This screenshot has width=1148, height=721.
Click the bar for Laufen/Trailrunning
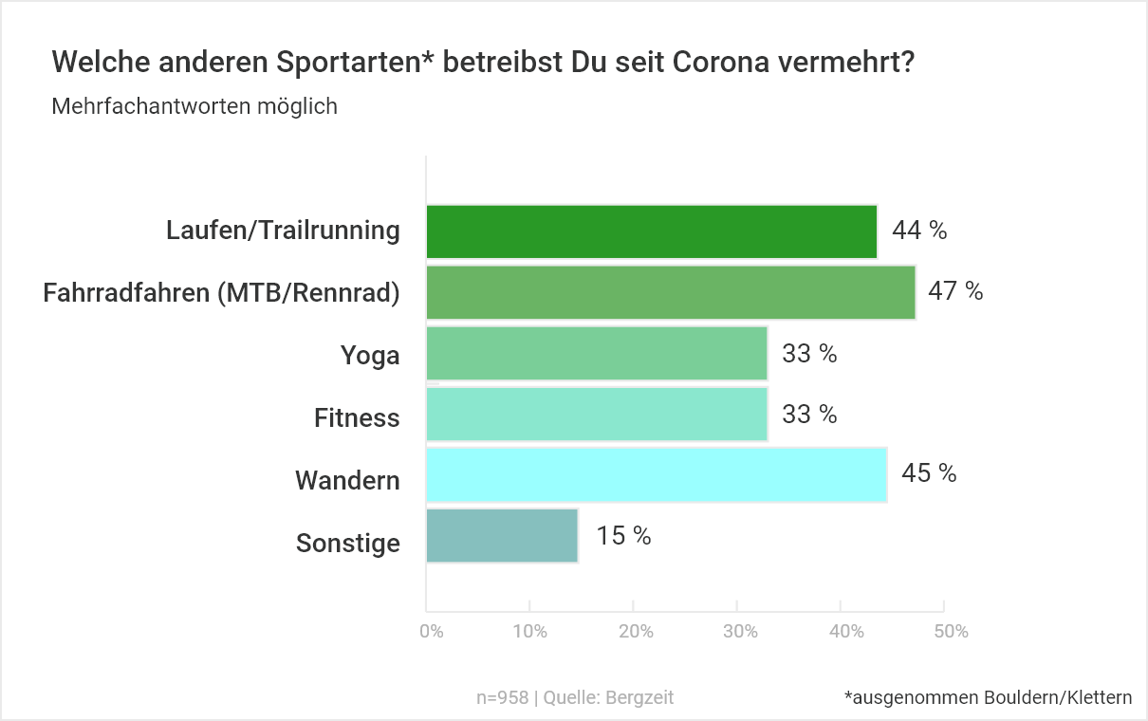click(651, 231)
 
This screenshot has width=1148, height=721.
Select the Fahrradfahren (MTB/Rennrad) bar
click(671, 292)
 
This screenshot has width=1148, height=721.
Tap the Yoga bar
click(597, 353)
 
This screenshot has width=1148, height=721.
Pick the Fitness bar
click(597, 414)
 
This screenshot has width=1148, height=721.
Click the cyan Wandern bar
click(657, 474)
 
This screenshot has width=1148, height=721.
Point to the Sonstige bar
click(502, 535)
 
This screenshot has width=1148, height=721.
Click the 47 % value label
click(955, 291)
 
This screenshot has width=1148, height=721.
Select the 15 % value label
click(623, 536)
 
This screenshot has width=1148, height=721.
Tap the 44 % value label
click(918, 231)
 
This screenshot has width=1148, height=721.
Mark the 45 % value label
click(929, 473)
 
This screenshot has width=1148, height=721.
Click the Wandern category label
click(347, 480)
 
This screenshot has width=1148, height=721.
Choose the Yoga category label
click(370, 356)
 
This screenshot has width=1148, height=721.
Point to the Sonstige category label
click(347, 544)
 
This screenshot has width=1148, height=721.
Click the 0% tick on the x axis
click(432, 632)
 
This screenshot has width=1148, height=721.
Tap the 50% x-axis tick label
click(950, 632)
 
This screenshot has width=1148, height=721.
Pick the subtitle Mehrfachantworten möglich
click(194, 106)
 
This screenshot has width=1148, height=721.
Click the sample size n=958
click(502, 697)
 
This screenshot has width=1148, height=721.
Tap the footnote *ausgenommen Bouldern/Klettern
click(988, 697)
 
